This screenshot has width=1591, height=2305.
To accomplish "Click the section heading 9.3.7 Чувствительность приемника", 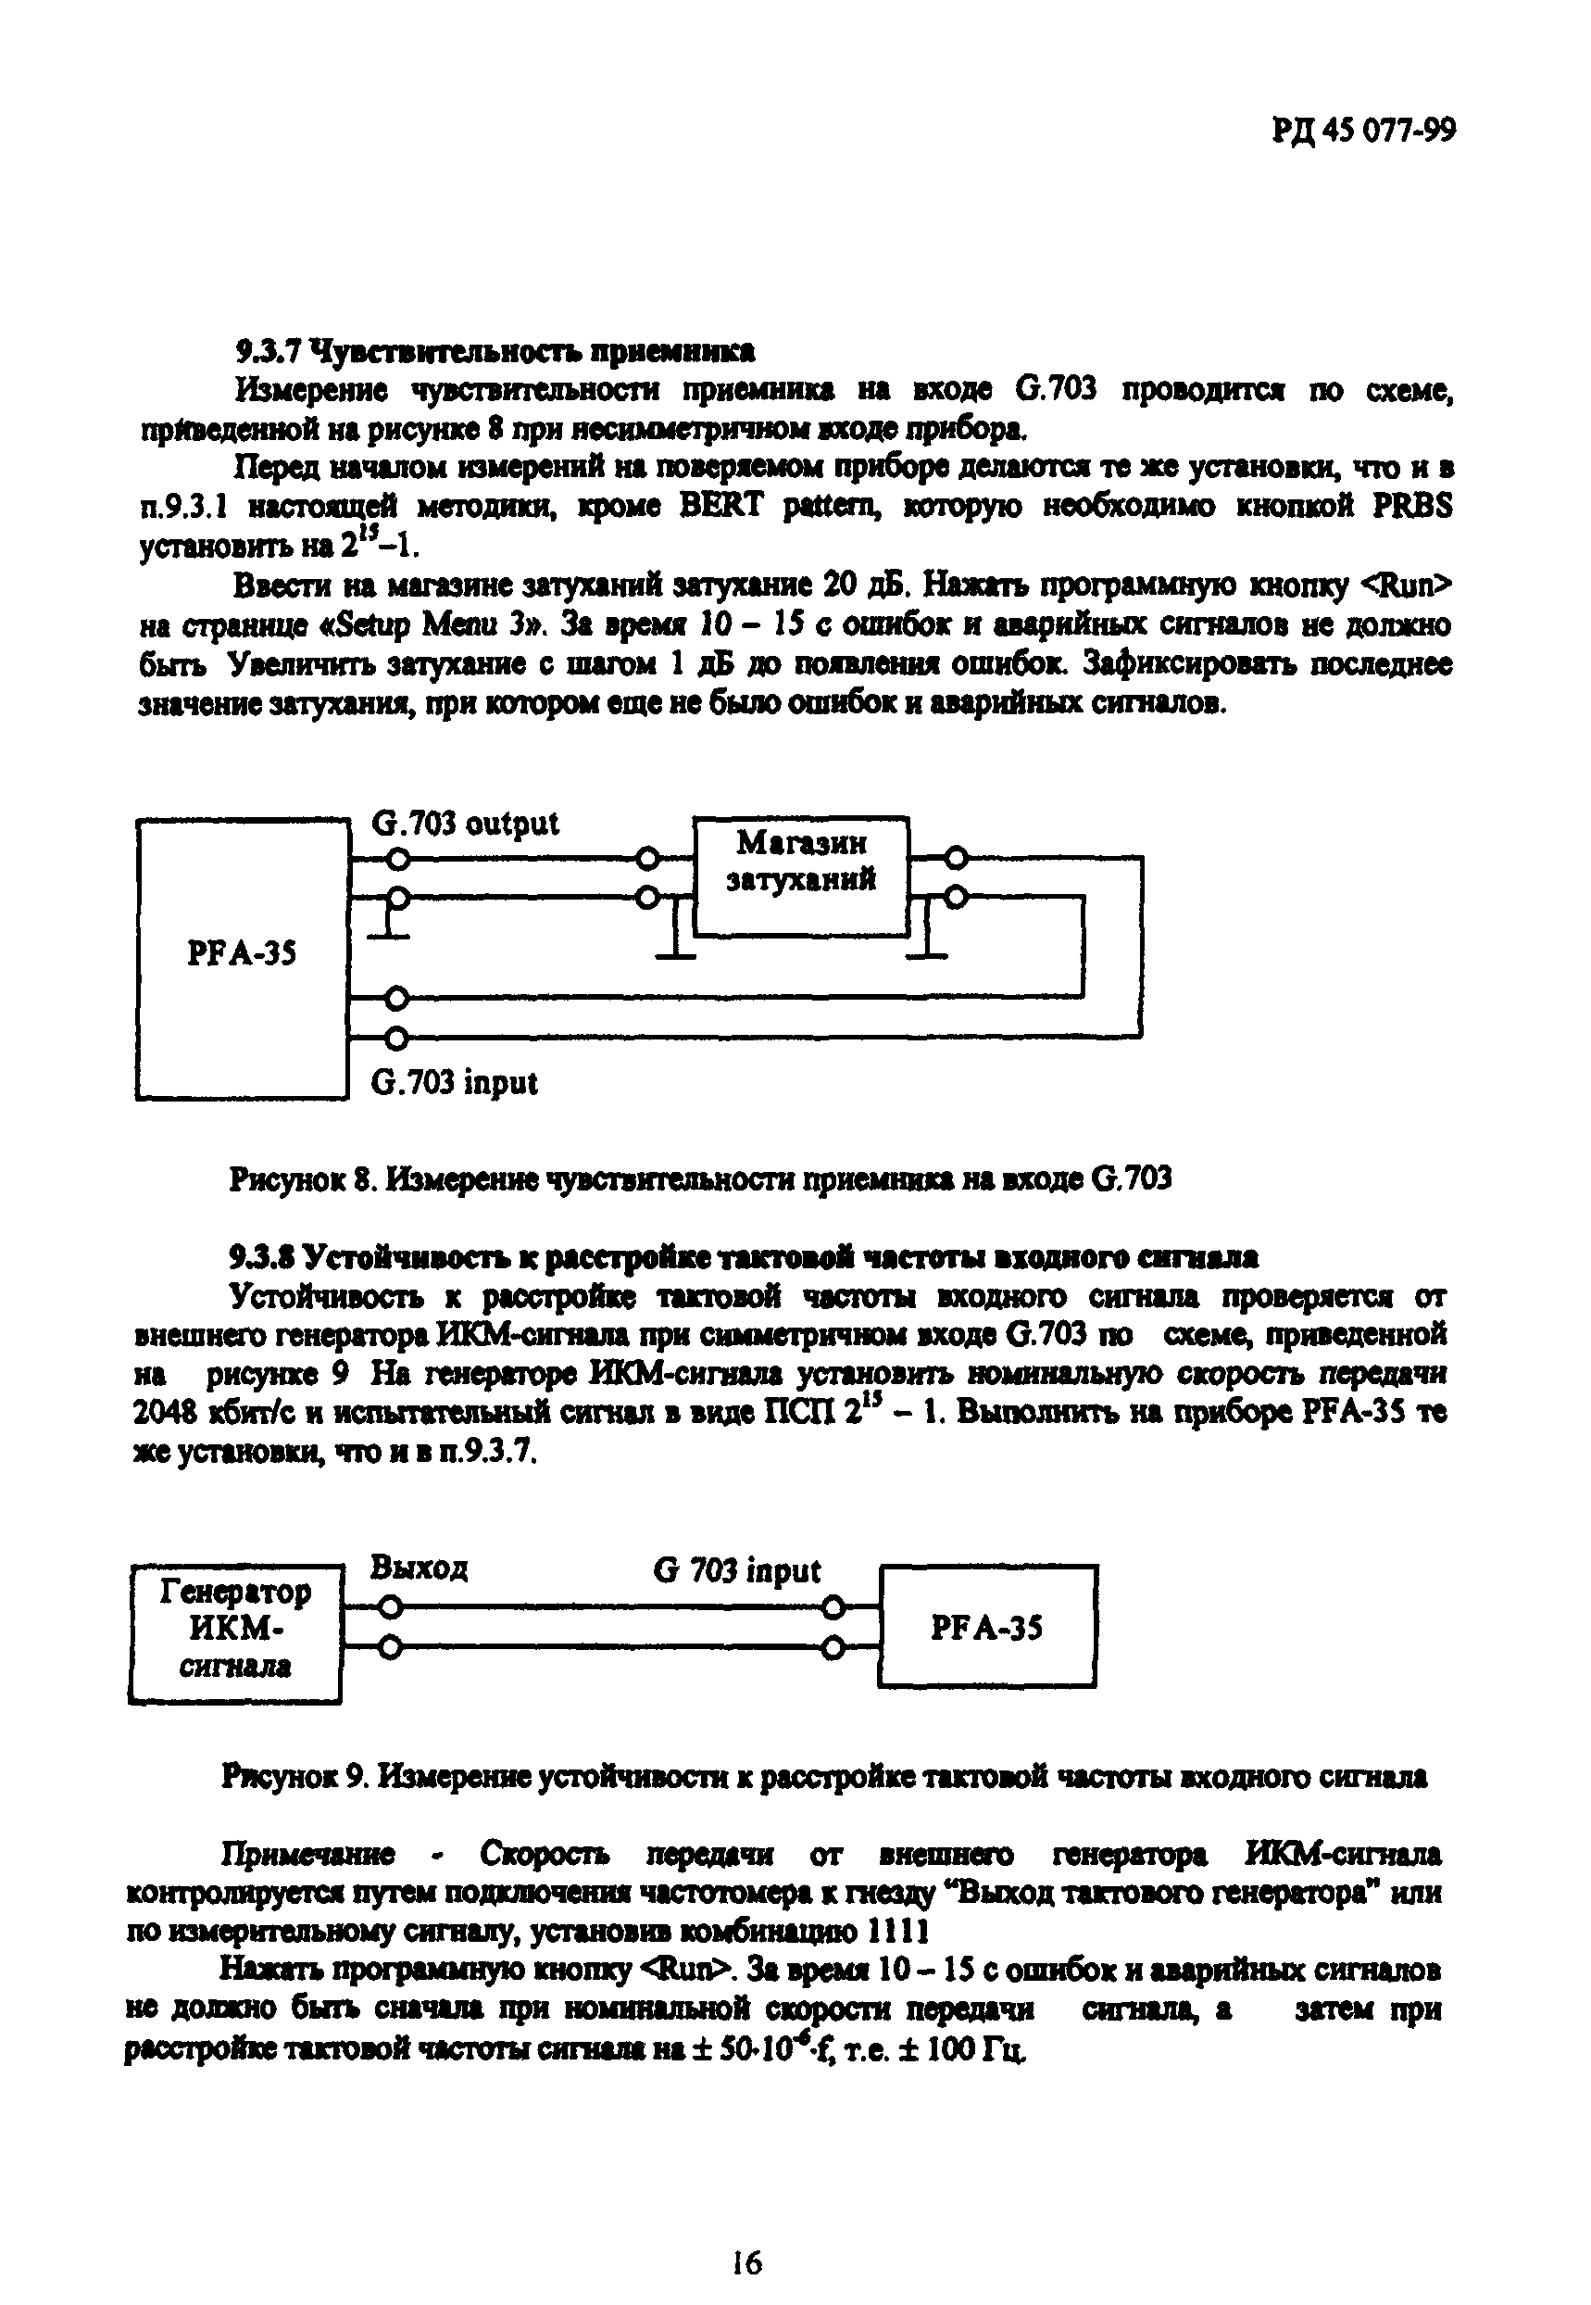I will [495, 351].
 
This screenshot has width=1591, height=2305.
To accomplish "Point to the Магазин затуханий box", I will [801, 875].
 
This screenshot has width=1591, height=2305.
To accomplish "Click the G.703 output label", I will [465, 824].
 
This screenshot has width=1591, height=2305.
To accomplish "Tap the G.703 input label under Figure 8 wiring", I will [454, 1083].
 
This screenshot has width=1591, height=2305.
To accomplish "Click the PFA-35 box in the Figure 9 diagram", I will [987, 1627].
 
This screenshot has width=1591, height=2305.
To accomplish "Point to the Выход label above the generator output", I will [419, 1568].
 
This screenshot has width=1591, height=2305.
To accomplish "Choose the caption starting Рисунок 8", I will [700, 1179].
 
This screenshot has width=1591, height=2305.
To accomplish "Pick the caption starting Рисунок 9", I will [824, 1776].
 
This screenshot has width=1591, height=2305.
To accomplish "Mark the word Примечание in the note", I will [308, 1854].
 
